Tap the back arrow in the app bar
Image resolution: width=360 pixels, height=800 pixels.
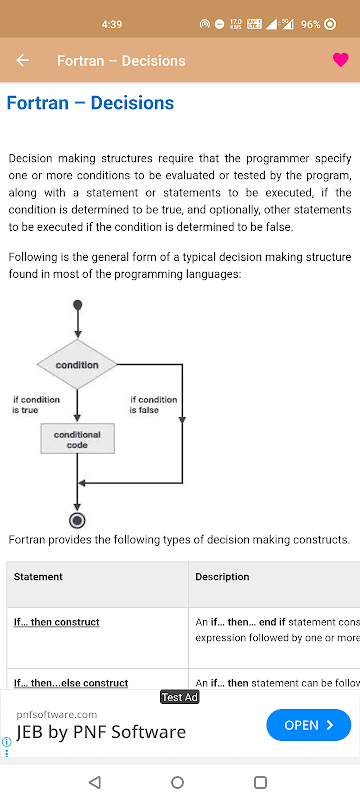pyautogui.click(x=22, y=60)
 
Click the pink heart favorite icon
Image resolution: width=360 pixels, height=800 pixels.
pyautogui.click(x=341, y=60)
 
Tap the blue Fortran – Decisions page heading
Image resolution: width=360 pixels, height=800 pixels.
pyautogui.click(x=90, y=103)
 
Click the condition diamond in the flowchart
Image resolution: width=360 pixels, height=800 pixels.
pyautogui.click(x=77, y=365)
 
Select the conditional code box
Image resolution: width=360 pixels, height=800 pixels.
pyautogui.click(x=78, y=439)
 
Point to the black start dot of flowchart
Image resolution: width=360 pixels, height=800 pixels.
pyautogui.click(x=78, y=305)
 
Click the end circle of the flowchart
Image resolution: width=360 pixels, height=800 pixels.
pyautogui.click(x=77, y=520)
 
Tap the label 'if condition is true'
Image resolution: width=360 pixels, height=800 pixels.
pyautogui.click(x=36, y=405)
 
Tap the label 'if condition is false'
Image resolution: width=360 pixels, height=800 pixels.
pyautogui.click(x=153, y=405)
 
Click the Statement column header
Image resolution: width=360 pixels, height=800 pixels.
pyautogui.click(x=38, y=577)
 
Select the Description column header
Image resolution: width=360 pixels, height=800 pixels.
pyautogui.click(x=222, y=577)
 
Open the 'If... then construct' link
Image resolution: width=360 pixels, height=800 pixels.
pyautogui.click(x=57, y=622)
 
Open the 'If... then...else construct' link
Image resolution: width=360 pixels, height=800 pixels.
pyautogui.click(x=71, y=683)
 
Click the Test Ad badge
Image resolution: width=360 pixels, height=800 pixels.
pyautogui.click(x=179, y=697)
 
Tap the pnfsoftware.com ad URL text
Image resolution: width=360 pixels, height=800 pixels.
pyautogui.click(x=57, y=714)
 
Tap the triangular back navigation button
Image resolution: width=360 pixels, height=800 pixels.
pyautogui.click(x=94, y=782)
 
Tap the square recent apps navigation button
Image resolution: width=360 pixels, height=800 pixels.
pyautogui.click(x=260, y=782)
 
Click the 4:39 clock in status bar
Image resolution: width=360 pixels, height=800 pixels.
pyautogui.click(x=112, y=24)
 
